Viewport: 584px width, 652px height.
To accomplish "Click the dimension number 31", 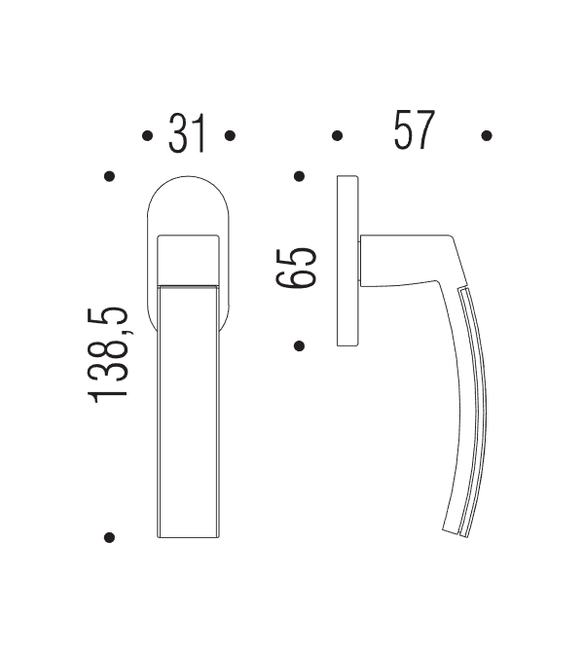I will point(188,133).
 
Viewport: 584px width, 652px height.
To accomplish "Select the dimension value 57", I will point(413,132).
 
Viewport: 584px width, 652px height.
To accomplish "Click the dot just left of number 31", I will point(146,136).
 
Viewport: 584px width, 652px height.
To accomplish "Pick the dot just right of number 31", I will point(230,136).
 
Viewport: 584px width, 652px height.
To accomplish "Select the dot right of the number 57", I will point(487,136).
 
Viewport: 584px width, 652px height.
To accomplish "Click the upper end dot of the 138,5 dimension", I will point(110,177).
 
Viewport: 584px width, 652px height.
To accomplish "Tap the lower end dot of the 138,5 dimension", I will point(110,536).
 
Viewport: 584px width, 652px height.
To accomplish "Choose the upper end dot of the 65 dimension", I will point(300,177).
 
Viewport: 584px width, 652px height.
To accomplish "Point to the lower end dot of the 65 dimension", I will point(300,345).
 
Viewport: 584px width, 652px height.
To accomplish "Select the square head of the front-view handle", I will point(189,258).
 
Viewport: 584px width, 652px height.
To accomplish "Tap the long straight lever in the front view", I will point(189,409).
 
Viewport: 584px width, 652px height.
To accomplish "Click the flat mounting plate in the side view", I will point(347,261).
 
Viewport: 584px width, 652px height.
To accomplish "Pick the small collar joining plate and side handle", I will point(362,261).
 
